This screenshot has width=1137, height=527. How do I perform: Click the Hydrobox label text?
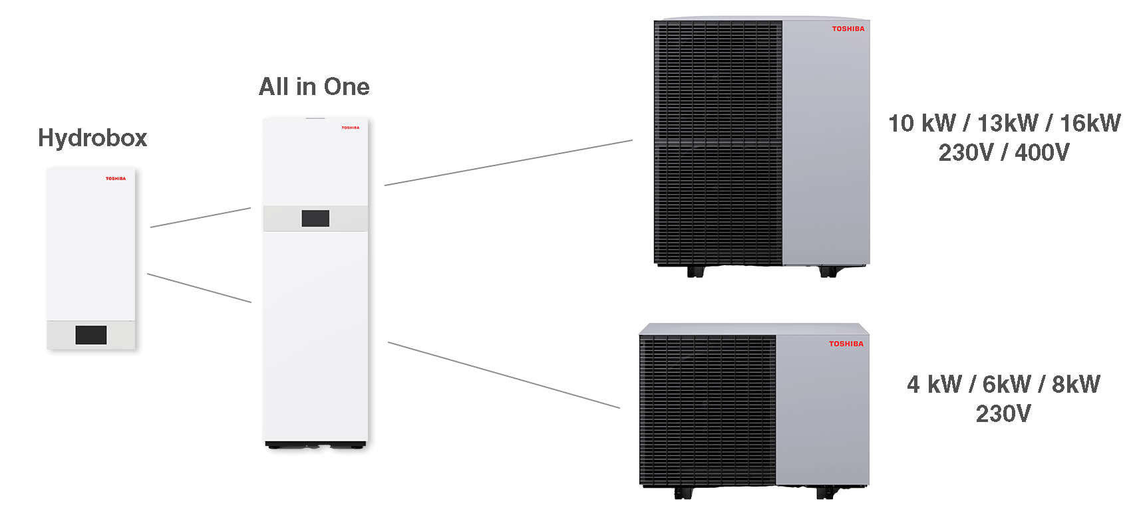pyautogui.click(x=92, y=138)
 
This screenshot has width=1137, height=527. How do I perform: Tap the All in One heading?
pyautogui.click(x=314, y=87)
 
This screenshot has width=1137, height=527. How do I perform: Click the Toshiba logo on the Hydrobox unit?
pyautogui.click(x=116, y=179)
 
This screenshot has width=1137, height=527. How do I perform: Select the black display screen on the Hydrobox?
pyautogui.click(x=91, y=335)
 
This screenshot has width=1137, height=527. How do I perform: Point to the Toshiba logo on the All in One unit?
pyautogui.click(x=351, y=128)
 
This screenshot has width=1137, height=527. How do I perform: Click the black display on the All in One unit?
pyautogui.click(x=315, y=219)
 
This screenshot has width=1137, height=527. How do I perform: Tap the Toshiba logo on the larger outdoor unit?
pyautogui.click(x=848, y=29)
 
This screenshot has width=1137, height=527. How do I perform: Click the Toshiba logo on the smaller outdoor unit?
pyautogui.click(x=846, y=344)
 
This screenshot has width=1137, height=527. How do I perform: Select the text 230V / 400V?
pyautogui.click(x=1004, y=153)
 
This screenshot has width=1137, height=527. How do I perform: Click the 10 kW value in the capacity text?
pyautogui.click(x=922, y=124)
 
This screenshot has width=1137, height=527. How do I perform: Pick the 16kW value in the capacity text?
pyautogui.click(x=1090, y=124)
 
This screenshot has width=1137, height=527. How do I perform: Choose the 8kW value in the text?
pyautogui.click(x=1076, y=385)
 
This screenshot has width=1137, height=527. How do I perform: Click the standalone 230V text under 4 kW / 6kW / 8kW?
pyautogui.click(x=1003, y=414)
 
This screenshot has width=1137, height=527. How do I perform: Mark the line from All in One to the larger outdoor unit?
pyautogui.click(x=508, y=163)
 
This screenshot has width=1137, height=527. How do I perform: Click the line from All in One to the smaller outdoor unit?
pyautogui.click(x=504, y=375)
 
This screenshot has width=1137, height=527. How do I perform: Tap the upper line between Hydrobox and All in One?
pyautogui.click(x=200, y=218)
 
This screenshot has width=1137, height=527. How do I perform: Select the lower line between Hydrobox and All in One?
pyautogui.click(x=199, y=288)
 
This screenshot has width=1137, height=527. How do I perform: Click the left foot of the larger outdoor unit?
pyautogui.click(x=696, y=271)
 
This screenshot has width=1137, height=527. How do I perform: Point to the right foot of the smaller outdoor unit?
pyautogui.click(x=825, y=492)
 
